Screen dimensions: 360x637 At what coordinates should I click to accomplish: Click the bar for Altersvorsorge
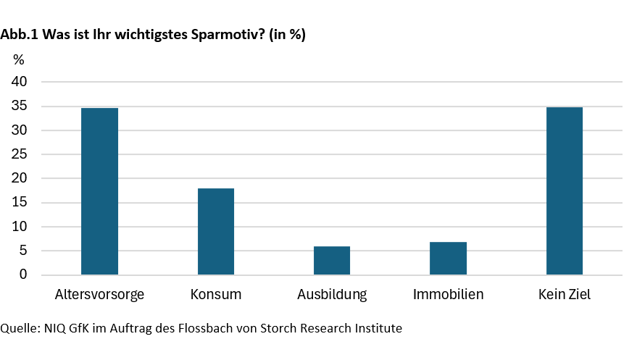pyautogui.click(x=100, y=191)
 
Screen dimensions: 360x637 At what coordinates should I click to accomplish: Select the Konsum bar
pyautogui.click(x=216, y=231)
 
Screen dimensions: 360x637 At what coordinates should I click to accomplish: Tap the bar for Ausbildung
pyautogui.click(x=332, y=260)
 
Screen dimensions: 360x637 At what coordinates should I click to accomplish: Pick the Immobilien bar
pyautogui.click(x=448, y=258)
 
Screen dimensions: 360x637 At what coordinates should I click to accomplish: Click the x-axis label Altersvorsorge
pyautogui.click(x=100, y=295)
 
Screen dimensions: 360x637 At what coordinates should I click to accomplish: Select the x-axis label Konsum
pyautogui.click(x=216, y=295)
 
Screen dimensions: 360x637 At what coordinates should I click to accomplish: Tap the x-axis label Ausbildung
pyautogui.click(x=332, y=295)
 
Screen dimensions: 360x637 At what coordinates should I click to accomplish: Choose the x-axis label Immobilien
pyautogui.click(x=448, y=295)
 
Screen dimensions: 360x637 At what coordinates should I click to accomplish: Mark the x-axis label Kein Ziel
pyautogui.click(x=565, y=295)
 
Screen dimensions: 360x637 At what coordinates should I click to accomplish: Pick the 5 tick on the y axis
pyautogui.click(x=23, y=251)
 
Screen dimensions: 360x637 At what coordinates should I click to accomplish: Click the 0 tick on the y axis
pyautogui.click(x=23, y=275)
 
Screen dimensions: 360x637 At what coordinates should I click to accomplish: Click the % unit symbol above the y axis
pyautogui.click(x=19, y=59)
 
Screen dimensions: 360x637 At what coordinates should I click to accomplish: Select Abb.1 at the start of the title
pyautogui.click(x=20, y=35)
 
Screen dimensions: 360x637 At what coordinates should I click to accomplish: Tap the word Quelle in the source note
pyautogui.click(x=18, y=329)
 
